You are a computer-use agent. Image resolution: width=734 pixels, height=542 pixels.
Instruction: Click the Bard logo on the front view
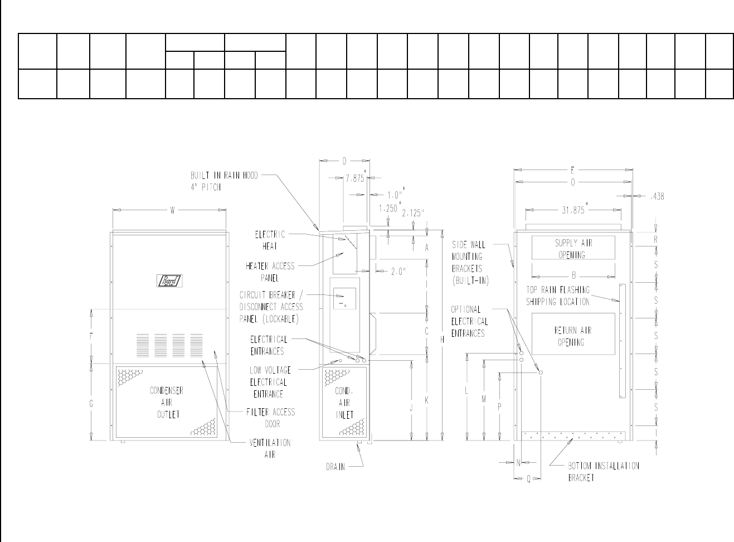click(x=169, y=281)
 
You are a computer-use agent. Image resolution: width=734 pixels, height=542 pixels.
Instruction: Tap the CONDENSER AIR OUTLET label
click(x=166, y=402)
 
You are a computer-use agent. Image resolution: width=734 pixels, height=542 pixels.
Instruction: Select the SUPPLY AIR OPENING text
click(x=573, y=249)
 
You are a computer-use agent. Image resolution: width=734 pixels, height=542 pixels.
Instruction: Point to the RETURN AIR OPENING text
click(x=573, y=336)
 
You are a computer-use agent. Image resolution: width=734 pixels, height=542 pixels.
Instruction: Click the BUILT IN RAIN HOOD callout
click(x=224, y=181)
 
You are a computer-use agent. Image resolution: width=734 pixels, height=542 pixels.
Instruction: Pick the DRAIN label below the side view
click(x=335, y=467)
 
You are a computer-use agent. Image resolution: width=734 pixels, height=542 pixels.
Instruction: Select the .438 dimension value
click(x=657, y=196)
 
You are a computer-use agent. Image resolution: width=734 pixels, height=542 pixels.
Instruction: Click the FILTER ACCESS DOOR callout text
click(x=271, y=418)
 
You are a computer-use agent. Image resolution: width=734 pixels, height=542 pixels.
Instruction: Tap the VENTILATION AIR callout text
click(x=270, y=448)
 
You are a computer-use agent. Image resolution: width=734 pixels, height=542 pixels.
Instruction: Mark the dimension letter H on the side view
click(x=442, y=340)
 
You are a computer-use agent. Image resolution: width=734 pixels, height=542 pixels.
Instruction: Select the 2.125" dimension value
click(x=413, y=212)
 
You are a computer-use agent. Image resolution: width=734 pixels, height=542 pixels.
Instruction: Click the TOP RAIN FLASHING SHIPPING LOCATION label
click(x=558, y=296)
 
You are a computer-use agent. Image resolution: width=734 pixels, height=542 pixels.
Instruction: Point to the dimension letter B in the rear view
click(x=573, y=275)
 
